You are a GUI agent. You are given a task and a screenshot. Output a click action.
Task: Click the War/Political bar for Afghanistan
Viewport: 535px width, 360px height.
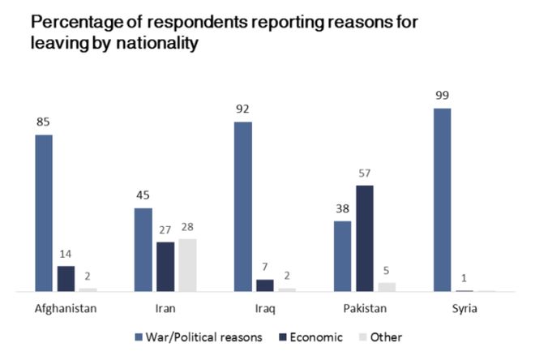[x=44, y=212]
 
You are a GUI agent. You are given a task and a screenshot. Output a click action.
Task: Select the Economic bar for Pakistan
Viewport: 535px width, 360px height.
[x=365, y=238]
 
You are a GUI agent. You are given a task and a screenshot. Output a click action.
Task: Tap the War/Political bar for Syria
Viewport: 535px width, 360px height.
[x=442, y=199]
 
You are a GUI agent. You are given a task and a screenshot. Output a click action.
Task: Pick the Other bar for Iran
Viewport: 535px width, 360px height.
[x=187, y=265]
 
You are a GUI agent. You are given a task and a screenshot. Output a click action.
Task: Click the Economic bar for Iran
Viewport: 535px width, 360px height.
[x=165, y=267]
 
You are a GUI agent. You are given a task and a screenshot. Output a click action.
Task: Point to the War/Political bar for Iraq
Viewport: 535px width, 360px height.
[x=243, y=206]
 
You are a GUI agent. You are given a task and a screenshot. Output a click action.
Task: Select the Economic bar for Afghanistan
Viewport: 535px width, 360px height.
[x=66, y=278]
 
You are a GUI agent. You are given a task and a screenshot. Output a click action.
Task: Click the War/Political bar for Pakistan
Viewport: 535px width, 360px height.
[x=343, y=256]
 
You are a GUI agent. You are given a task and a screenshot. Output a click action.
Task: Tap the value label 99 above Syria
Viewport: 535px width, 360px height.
[x=442, y=95]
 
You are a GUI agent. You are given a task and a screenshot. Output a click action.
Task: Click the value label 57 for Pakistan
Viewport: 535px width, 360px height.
[x=365, y=173]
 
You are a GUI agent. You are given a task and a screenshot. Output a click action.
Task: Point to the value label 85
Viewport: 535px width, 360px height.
[x=44, y=122]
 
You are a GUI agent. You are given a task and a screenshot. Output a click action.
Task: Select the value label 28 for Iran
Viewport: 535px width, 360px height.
[x=187, y=226]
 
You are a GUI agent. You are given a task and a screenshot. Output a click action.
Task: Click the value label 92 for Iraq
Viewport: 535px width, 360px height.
[x=243, y=109]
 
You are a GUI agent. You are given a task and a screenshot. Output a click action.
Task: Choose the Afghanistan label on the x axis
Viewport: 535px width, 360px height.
[x=66, y=309]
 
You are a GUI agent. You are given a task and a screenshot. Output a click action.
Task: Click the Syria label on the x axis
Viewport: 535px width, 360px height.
[x=464, y=309]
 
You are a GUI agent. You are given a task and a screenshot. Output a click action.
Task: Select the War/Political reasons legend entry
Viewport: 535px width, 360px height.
[x=199, y=337]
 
